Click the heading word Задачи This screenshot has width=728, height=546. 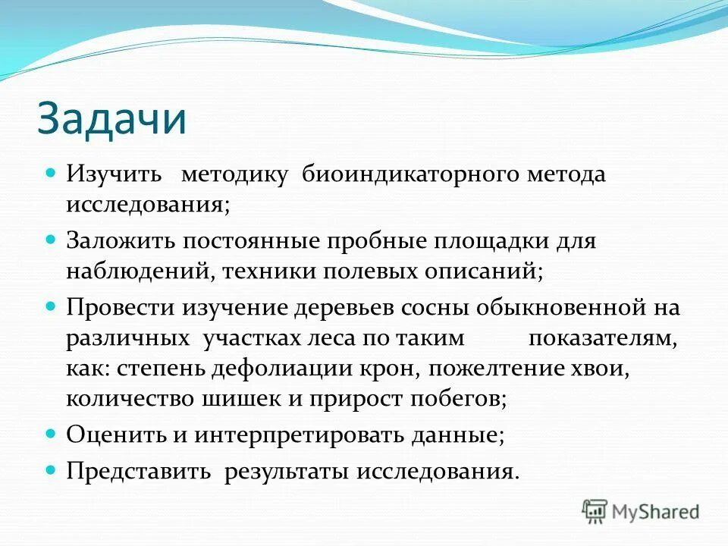[111, 119]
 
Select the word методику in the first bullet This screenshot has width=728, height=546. [234, 175]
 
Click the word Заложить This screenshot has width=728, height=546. [120, 240]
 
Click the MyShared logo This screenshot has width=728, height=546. [640, 511]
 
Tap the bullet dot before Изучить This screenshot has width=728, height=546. [52, 173]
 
